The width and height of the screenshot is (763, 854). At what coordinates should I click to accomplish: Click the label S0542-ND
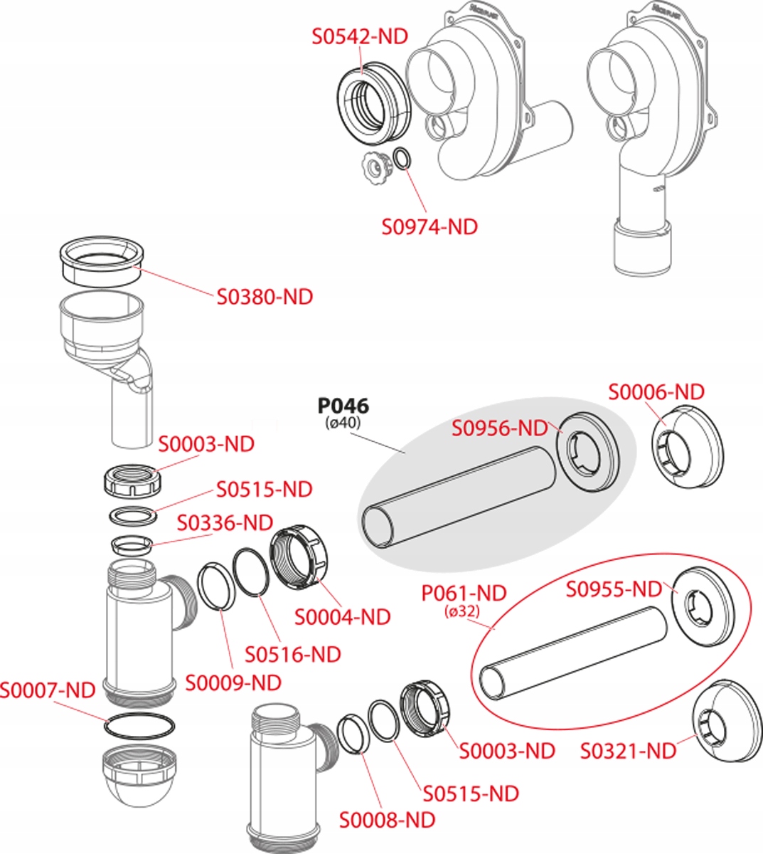360,36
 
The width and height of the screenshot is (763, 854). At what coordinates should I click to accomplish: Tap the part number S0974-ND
429,227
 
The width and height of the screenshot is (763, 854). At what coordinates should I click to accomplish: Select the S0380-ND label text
265,297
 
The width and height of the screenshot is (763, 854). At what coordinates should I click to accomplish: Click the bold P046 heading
343,406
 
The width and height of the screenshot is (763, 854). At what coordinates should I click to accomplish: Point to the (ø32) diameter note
461,611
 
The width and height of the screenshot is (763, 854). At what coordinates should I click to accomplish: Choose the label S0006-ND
656,392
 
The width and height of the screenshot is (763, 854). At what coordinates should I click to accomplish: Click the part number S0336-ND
225,523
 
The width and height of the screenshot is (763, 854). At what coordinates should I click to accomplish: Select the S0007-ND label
48,690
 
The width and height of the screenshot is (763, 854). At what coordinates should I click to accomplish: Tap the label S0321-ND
628,751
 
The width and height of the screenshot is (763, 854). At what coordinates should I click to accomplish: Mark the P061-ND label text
464,593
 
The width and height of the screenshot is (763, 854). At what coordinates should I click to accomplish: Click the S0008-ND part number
387,820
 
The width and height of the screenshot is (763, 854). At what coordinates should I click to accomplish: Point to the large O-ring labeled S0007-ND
139,725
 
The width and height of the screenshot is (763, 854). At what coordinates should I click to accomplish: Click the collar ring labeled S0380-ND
102,262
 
